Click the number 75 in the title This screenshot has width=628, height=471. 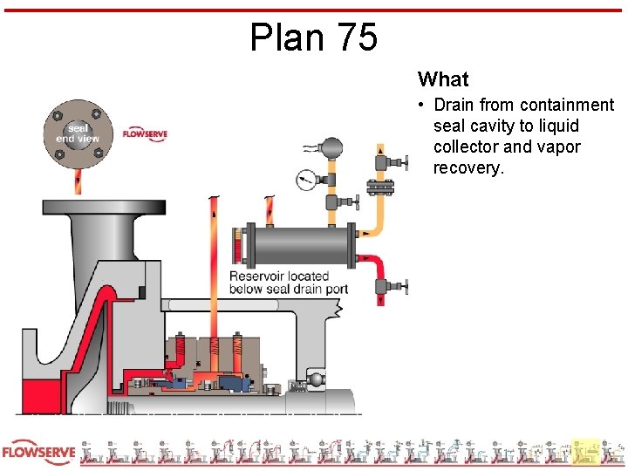(355, 38)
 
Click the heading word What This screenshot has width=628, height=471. (443, 79)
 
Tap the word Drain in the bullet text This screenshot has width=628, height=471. (454, 106)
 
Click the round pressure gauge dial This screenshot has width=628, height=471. (306, 181)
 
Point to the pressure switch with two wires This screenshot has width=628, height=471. (332, 147)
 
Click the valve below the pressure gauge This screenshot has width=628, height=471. (334, 203)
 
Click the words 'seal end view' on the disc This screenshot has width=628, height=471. (78, 133)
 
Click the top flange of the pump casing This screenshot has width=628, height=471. (104, 208)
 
